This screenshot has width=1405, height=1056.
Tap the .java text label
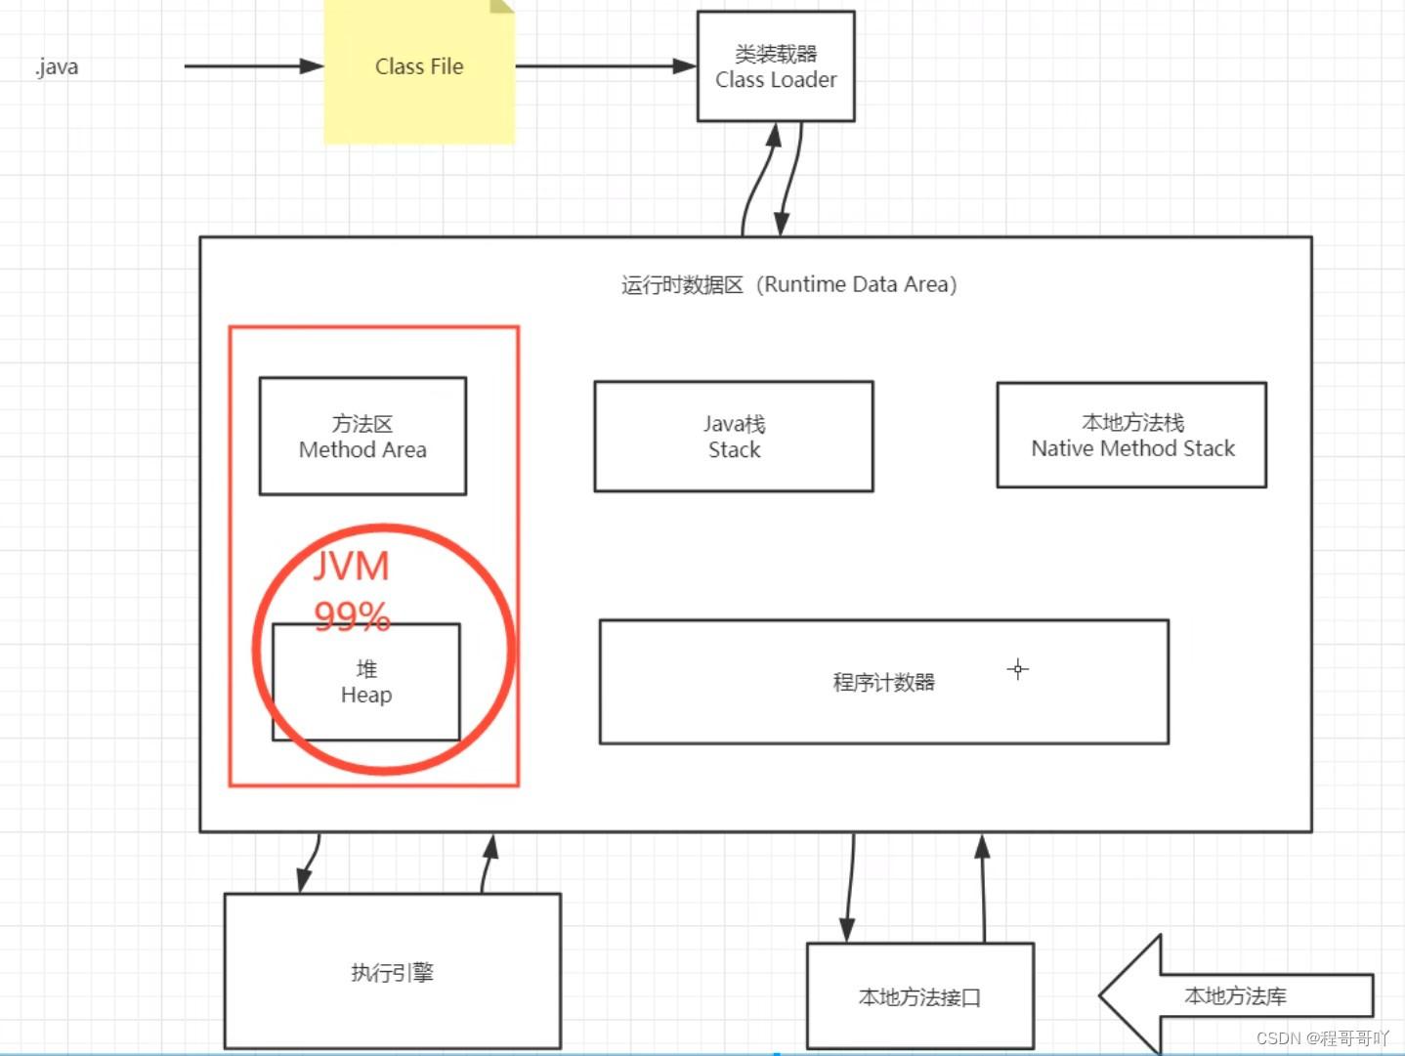(x=57, y=67)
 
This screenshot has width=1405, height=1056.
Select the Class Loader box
(x=776, y=66)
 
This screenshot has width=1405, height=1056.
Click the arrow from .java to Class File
(x=253, y=66)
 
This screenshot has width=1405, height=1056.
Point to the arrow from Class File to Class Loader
(x=605, y=66)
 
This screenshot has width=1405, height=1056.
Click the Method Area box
(x=362, y=437)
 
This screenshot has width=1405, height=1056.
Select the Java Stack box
(x=734, y=437)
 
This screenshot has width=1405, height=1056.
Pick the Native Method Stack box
(x=1131, y=436)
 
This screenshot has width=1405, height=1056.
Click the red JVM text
(x=352, y=567)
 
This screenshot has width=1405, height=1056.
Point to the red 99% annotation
(x=352, y=615)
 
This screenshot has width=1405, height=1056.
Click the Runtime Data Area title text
(x=788, y=284)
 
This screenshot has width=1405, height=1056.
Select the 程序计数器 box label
(x=883, y=682)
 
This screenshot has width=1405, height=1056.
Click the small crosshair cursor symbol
(x=1018, y=669)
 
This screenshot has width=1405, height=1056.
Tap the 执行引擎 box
(x=392, y=971)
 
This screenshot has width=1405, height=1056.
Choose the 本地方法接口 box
(x=919, y=996)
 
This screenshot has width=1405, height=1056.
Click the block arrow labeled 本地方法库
(x=1235, y=995)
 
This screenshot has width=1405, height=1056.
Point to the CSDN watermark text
(x=1322, y=1037)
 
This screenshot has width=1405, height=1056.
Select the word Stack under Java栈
(x=734, y=450)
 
